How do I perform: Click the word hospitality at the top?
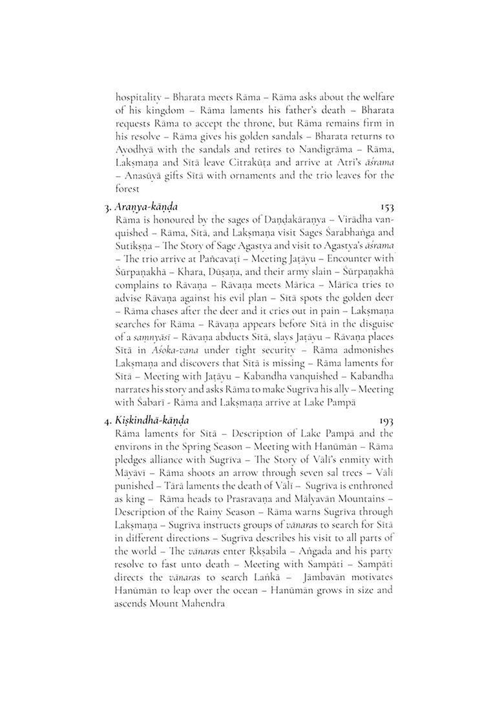tap(138, 97)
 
